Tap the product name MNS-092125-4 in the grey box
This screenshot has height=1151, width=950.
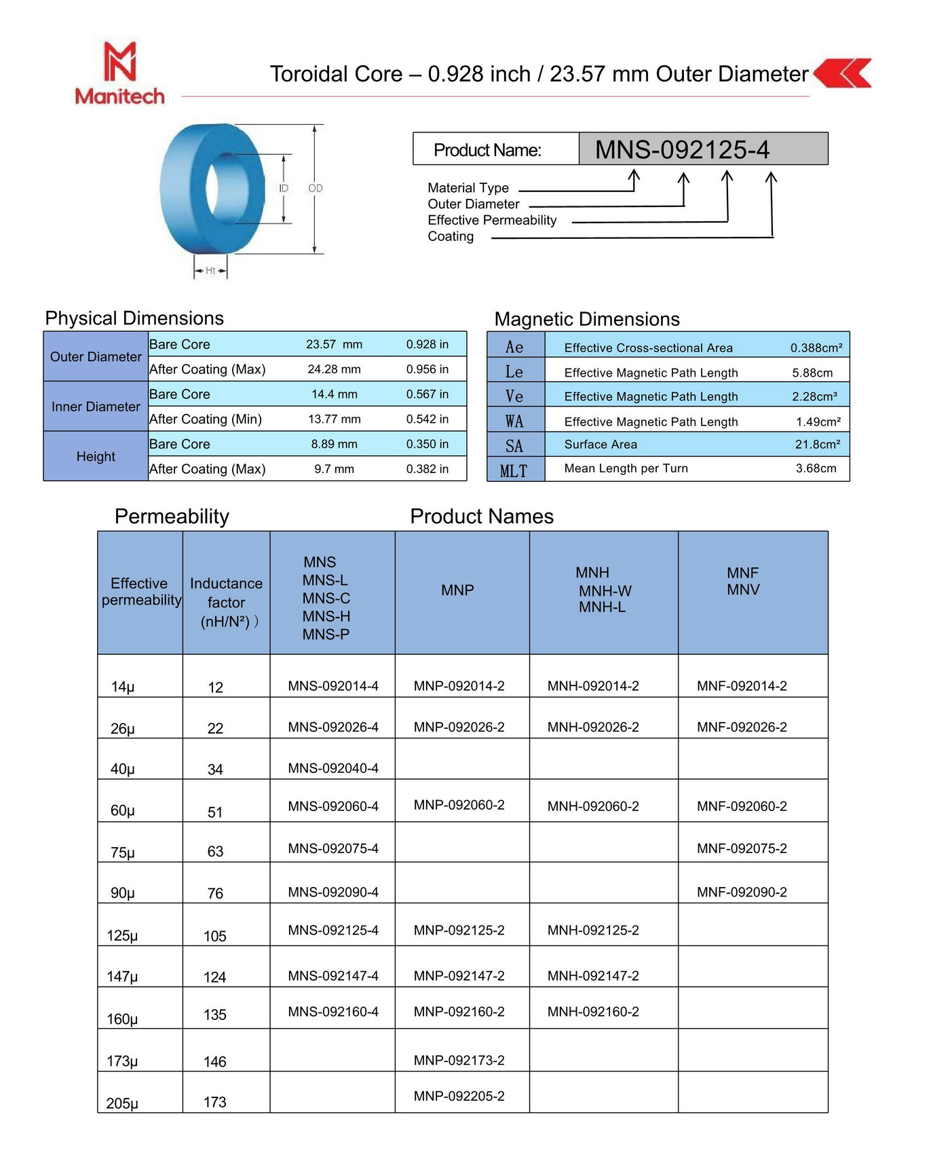682,149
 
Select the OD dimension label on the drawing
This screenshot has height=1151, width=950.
316,188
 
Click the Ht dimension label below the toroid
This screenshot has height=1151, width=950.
210,270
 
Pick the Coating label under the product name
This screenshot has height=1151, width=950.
451,236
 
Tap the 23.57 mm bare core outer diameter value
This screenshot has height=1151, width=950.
334,344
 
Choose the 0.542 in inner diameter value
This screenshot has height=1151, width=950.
427,419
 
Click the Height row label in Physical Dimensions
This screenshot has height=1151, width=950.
96,456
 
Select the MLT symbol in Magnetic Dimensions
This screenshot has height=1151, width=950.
514,470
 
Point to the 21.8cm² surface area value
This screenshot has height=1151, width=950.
817,445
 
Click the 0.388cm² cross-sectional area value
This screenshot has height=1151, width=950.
816,347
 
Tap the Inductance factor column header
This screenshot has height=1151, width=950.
226,602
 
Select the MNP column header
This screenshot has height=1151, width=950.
457,590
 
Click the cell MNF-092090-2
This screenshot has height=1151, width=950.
742,892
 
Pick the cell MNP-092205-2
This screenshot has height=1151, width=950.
459,1095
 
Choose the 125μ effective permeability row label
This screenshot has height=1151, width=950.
122,935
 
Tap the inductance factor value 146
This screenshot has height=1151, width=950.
215,1061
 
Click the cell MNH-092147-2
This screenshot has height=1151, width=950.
593,975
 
